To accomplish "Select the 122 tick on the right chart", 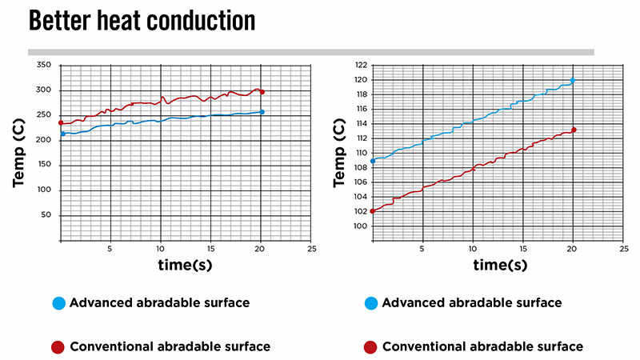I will [x=359, y=64].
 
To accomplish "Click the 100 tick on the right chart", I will [x=359, y=226].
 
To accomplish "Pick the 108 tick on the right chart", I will [x=359, y=167].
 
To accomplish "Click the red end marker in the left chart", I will [x=262, y=92].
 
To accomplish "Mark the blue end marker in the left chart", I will [x=262, y=112].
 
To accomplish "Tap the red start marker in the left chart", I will [x=61, y=123].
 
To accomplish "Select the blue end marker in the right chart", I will [x=573, y=80].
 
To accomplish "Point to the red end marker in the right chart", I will [x=574, y=130].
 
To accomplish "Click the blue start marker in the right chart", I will [x=373, y=161].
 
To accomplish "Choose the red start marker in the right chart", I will [x=373, y=211].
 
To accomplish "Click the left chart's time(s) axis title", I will [x=186, y=265].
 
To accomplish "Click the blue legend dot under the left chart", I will [x=57, y=304].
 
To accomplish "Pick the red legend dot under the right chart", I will [x=369, y=347].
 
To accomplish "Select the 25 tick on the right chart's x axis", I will [x=623, y=249].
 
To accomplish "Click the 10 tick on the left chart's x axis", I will [x=161, y=249].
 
